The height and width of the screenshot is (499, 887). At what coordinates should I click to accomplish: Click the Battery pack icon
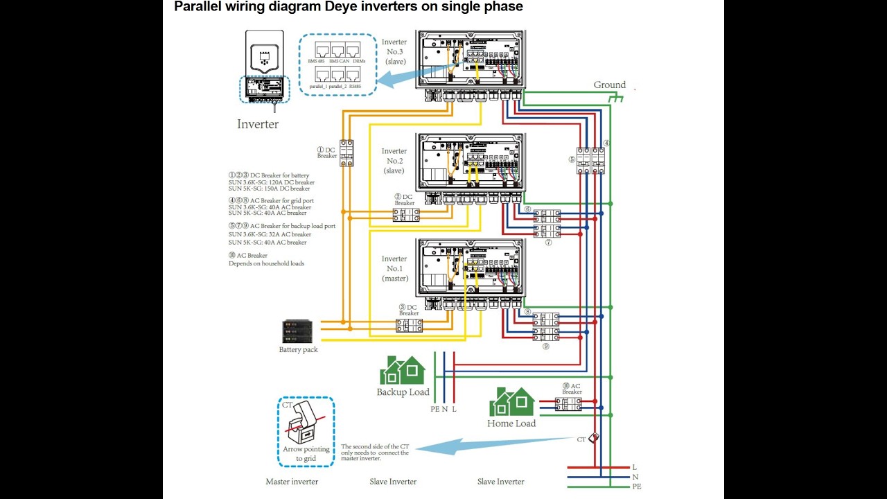[299, 331]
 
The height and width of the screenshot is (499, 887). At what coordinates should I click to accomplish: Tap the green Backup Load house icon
[402, 371]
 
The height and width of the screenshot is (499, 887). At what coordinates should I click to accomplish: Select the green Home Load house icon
[511, 402]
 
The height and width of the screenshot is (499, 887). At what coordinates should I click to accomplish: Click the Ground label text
[609, 85]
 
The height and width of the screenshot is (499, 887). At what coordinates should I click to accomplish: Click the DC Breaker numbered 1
[346, 153]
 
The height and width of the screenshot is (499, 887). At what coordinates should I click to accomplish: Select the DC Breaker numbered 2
[407, 216]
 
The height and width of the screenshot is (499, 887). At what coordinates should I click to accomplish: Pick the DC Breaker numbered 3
[409, 324]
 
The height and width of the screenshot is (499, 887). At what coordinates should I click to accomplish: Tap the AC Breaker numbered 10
[569, 403]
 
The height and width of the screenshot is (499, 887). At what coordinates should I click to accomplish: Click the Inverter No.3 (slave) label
[394, 51]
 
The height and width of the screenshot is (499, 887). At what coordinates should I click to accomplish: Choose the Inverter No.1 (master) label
[394, 268]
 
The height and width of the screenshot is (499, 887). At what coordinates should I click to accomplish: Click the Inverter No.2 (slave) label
[394, 160]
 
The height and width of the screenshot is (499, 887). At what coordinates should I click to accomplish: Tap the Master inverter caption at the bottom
[292, 482]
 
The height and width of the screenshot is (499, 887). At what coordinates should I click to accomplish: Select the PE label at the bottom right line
[637, 487]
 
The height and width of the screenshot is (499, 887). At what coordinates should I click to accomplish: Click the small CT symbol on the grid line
[593, 439]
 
